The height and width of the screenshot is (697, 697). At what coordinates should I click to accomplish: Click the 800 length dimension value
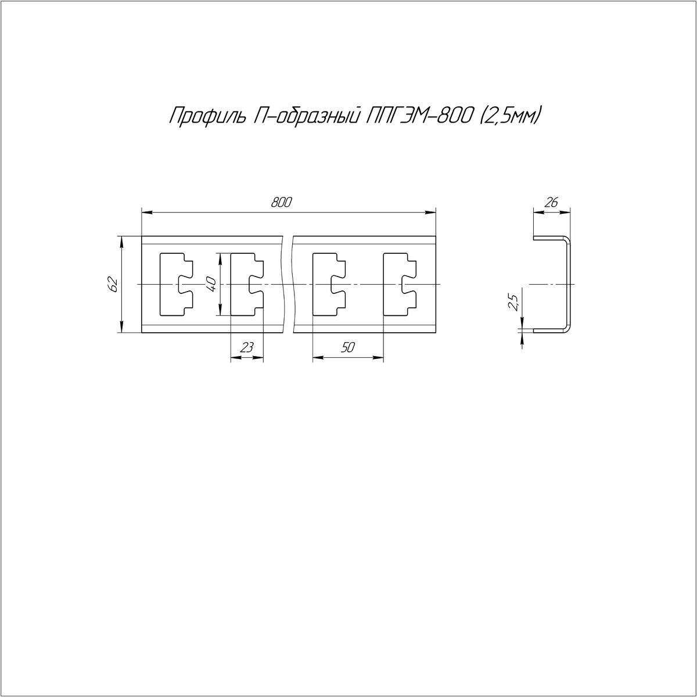(x=281, y=203)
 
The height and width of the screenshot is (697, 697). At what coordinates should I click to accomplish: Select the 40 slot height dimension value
(x=212, y=285)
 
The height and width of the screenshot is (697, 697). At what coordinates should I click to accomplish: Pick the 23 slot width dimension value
(x=247, y=347)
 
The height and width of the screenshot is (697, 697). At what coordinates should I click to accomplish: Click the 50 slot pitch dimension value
(x=347, y=347)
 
